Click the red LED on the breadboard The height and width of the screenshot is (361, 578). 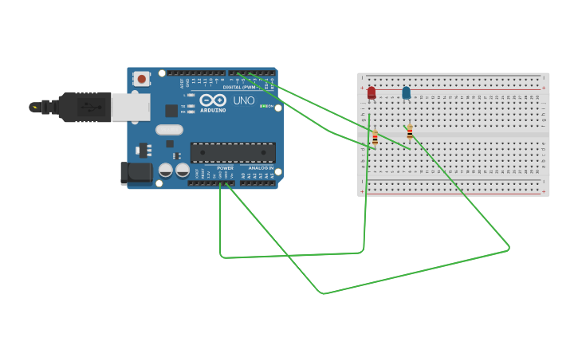tap(372, 93)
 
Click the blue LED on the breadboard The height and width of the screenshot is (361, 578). tap(406, 93)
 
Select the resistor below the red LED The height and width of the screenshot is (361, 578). tap(375, 139)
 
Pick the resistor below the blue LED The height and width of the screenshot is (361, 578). tap(410, 132)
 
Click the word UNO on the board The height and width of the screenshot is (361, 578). tap(244, 100)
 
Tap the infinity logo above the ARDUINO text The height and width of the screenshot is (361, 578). tap(213, 100)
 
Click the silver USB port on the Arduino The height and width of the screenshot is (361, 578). tap(130, 107)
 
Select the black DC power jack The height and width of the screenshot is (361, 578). tap(135, 173)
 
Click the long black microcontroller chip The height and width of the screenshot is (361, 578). tap(233, 152)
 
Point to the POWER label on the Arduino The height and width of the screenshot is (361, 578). tap(226, 168)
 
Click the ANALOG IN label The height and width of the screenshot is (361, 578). tap(260, 168)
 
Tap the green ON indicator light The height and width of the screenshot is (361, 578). tap(264, 106)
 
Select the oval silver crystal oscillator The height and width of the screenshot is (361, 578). tap(169, 130)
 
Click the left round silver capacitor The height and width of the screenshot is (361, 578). tap(166, 170)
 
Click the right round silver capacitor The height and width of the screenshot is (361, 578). tap(183, 170)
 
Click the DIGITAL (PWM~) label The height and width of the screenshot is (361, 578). tap(239, 87)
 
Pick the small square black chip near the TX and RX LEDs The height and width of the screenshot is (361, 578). tap(171, 111)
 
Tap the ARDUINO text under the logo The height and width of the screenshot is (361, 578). tap(213, 110)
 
